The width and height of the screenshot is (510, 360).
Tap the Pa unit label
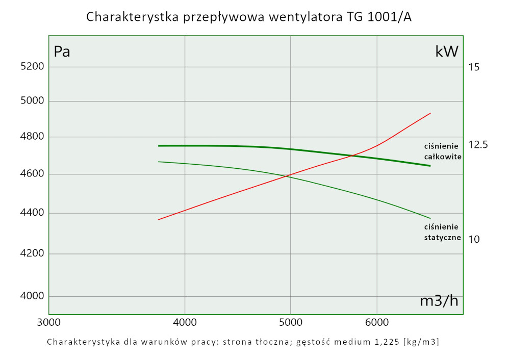pos(62,52)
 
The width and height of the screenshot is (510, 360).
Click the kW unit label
pos(447,51)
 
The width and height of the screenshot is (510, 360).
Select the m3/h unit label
pos(439,301)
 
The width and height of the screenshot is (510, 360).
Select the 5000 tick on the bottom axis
pos(290,322)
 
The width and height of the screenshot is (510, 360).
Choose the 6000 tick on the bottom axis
pos(377,322)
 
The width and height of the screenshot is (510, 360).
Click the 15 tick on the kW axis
pos(474,67)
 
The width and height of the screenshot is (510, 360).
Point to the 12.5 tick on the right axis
pos(478,145)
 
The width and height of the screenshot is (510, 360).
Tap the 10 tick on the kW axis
pos(474,239)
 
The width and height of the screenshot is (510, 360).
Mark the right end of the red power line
pos(431,113)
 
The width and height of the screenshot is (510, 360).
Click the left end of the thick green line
pos(159,146)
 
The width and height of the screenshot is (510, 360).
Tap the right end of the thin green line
pos(430,218)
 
